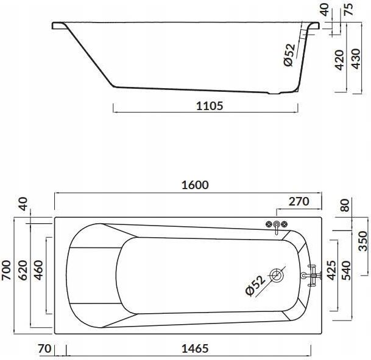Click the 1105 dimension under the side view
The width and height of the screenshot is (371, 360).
click(x=210, y=106)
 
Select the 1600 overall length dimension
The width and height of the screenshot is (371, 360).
click(x=195, y=185)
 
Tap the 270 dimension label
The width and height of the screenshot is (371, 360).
click(x=299, y=201)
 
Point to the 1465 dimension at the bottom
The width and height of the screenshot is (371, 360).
click(x=195, y=348)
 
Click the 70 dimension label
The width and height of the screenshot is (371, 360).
click(x=44, y=348)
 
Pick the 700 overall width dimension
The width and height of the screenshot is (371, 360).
click(x=6, y=270)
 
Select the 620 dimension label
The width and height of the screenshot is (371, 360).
click(x=23, y=270)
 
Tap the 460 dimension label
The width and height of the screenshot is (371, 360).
click(x=38, y=270)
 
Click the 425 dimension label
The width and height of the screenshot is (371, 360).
click(x=331, y=270)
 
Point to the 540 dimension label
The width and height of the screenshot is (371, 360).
click(x=347, y=270)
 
